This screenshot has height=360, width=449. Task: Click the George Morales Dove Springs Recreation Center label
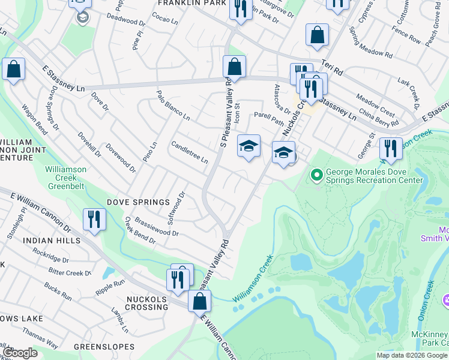[375, 176]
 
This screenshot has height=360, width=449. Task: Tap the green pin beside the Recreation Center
[317, 175]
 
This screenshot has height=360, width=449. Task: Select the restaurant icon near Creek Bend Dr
[94, 219]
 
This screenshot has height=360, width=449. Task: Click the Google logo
[19, 353]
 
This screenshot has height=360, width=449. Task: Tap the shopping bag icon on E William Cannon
[200, 301]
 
